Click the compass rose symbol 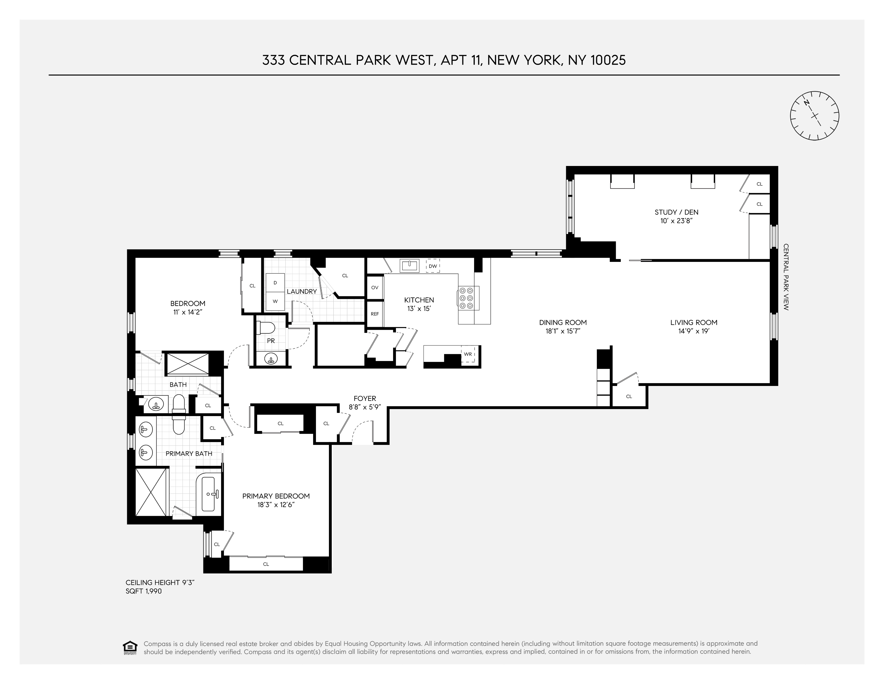point(814,116)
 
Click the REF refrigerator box point(375,313)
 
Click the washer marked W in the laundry point(275,301)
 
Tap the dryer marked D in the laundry point(275,282)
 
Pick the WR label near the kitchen point(468,354)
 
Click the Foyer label point(365,398)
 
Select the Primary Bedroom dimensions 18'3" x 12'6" point(276,505)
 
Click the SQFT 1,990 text point(144,591)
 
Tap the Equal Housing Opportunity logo point(130,647)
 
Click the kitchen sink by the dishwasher point(409,266)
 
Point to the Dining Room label point(563,323)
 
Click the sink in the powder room point(271,358)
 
